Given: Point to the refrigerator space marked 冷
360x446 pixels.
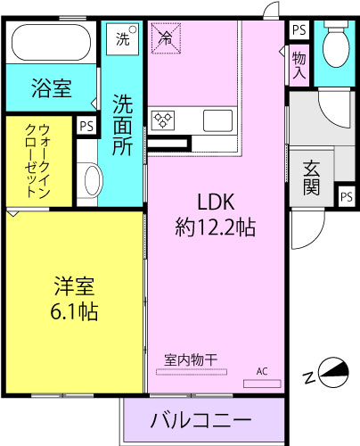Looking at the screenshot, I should (167, 37).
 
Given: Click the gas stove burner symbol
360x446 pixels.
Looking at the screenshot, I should (166, 119).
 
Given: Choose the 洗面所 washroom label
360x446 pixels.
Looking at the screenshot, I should (123, 120).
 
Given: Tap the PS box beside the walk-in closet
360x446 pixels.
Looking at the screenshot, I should (86, 126).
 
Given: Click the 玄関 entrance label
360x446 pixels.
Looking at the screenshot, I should (312, 176).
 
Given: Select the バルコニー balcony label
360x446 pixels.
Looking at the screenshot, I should (200, 419).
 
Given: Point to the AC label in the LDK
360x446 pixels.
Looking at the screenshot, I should (262, 370).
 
